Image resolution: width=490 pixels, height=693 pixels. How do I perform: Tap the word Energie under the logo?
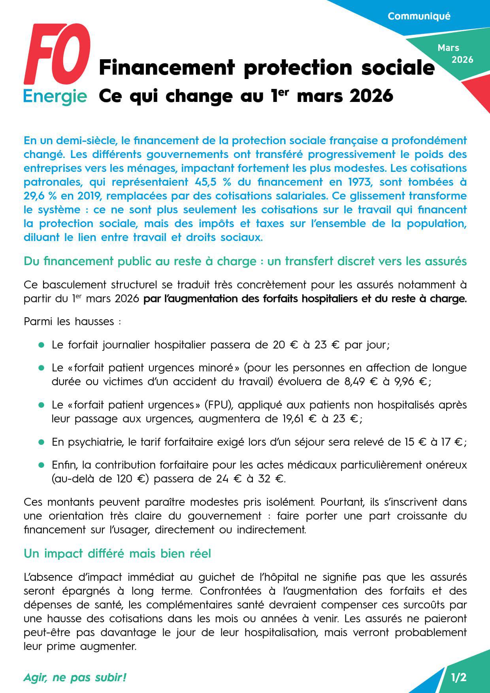[x=55, y=96]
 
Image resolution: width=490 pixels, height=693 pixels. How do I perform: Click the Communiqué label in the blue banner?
[x=419, y=16]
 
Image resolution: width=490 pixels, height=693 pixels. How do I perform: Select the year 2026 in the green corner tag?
[x=462, y=60]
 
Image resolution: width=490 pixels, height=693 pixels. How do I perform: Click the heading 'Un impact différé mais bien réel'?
[x=117, y=554]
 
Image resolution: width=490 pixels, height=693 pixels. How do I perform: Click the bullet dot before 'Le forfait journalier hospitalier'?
[x=41, y=345]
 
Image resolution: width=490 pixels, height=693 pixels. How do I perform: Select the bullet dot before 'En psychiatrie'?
[x=41, y=442]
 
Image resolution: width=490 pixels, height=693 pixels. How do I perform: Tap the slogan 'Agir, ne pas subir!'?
[x=75, y=678]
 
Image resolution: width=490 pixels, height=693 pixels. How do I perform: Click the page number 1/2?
[x=458, y=678]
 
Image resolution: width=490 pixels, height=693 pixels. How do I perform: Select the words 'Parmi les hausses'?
[x=69, y=322]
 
